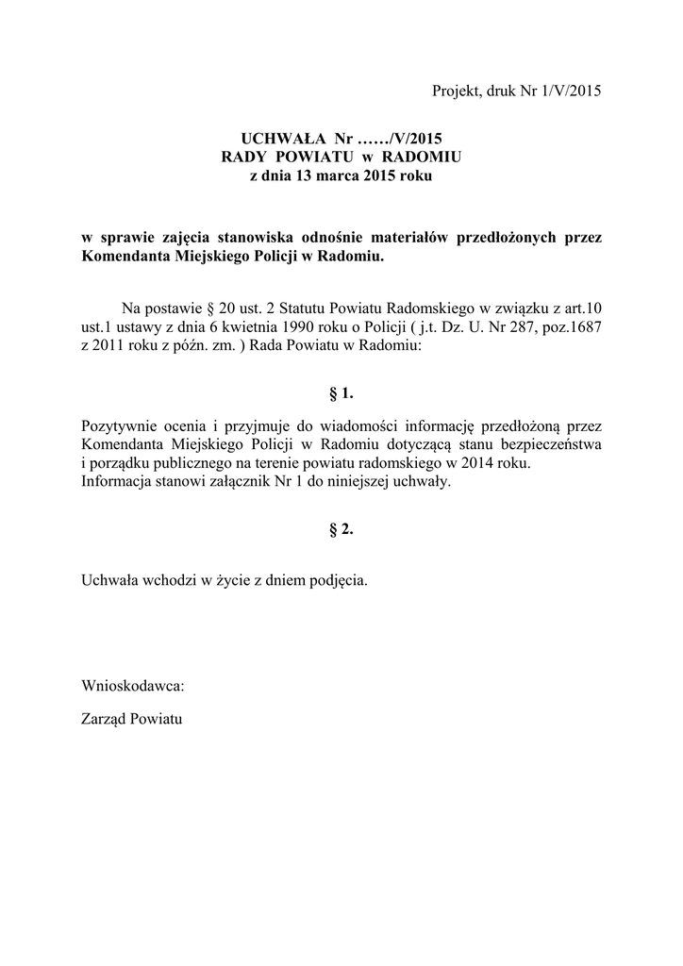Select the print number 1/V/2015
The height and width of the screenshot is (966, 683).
[569, 92]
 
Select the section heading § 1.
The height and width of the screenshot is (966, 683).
[341, 391]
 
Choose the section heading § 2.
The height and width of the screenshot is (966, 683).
[341, 529]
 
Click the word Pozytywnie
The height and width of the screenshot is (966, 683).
[119, 425]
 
